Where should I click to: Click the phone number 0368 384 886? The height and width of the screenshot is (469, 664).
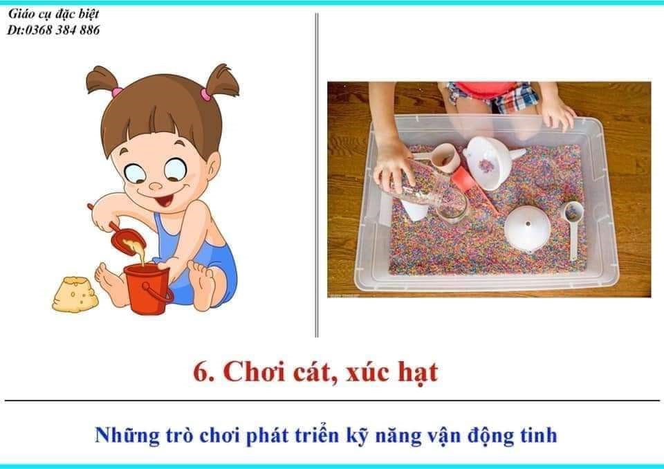(63, 30)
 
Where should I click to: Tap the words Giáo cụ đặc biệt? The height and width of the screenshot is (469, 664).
(53, 14)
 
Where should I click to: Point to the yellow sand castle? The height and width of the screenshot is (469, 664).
(75, 295)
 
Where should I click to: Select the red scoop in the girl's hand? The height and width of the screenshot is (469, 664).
(125, 237)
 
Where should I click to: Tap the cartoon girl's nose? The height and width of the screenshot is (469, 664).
(156, 185)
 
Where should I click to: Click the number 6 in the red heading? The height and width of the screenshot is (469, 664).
(201, 372)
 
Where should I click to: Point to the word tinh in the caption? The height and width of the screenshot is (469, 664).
(539, 436)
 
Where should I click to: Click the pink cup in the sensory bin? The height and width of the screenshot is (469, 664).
(445, 157)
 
